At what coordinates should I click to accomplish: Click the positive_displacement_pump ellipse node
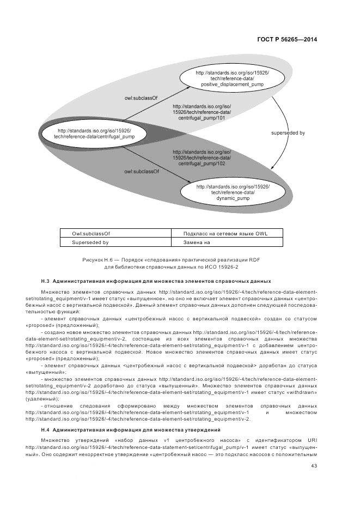tap(232, 78)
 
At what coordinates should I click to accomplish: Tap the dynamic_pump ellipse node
tap(233, 192)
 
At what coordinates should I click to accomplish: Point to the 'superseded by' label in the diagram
tap(288, 132)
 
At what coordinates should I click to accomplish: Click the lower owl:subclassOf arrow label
tap(141, 171)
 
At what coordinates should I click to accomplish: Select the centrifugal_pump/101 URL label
tap(202, 112)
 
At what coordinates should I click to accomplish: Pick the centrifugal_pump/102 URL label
tap(202, 157)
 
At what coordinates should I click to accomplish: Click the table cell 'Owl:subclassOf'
tap(91, 233)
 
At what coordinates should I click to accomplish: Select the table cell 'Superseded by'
tap(91, 242)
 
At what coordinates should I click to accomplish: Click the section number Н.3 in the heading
tap(45, 281)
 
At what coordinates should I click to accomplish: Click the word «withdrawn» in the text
tap(301, 392)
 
